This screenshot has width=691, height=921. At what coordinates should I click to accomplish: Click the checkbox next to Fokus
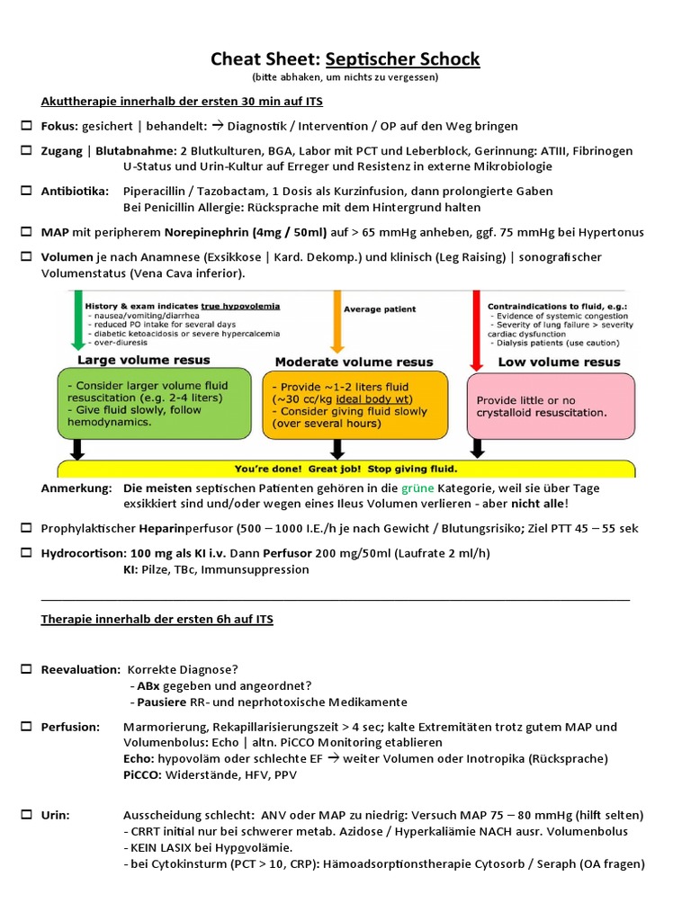pyautogui.click(x=26, y=126)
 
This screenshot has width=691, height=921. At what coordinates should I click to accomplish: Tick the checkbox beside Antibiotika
pyautogui.click(x=26, y=192)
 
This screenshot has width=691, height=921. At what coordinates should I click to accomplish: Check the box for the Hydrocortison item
pyautogui.click(x=26, y=552)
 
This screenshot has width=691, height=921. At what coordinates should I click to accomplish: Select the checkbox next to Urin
pyautogui.click(x=26, y=815)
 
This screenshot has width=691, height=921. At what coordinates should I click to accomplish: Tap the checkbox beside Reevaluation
pyautogui.click(x=26, y=670)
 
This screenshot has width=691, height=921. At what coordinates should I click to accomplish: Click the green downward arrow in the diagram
pyautogui.click(x=77, y=320)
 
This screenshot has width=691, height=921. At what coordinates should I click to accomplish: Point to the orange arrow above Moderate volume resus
pyautogui.click(x=338, y=320)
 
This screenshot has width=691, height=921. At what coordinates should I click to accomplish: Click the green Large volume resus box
pyautogui.click(x=155, y=403)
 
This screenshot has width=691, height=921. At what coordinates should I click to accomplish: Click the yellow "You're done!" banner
pyautogui.click(x=345, y=469)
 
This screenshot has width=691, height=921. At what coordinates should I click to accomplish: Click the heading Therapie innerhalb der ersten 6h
pyautogui.click(x=157, y=620)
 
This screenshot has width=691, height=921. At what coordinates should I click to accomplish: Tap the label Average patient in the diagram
pyautogui.click(x=380, y=308)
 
